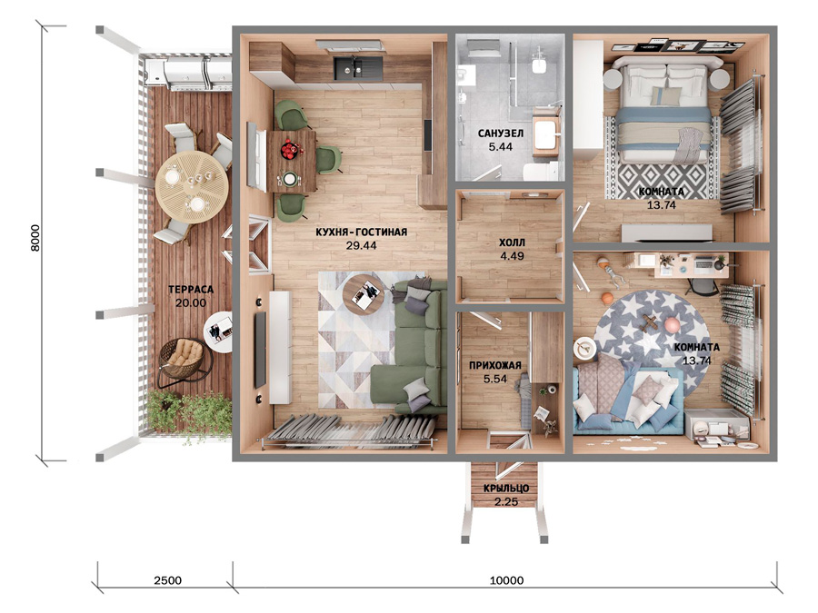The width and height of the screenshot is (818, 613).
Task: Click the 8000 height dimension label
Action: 35,238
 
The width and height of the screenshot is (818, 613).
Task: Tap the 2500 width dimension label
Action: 167,580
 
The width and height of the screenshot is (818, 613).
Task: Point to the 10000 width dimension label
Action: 506,580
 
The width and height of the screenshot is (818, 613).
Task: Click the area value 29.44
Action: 361,245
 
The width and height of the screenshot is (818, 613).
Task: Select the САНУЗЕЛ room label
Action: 500,133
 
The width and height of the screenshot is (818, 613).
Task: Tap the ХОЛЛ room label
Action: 512,242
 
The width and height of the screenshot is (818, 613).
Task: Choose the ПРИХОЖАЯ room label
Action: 495,365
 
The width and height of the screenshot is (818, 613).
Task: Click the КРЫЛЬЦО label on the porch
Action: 506,489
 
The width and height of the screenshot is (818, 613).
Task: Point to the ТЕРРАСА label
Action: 191,290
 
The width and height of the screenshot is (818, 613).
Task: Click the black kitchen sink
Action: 358,67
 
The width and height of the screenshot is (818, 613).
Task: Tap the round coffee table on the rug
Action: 364,294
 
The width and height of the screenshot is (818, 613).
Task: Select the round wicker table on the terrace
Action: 192,187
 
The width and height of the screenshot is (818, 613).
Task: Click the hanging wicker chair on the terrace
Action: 183,358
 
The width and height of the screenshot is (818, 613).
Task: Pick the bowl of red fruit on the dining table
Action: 291,150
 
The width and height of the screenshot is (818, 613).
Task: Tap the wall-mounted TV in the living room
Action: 260,350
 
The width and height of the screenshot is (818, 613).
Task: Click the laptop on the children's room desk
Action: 702,263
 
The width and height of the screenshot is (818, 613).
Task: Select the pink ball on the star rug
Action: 672,325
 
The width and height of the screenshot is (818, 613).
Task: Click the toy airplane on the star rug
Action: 650,323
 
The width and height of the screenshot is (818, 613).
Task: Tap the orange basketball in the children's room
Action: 607,298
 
